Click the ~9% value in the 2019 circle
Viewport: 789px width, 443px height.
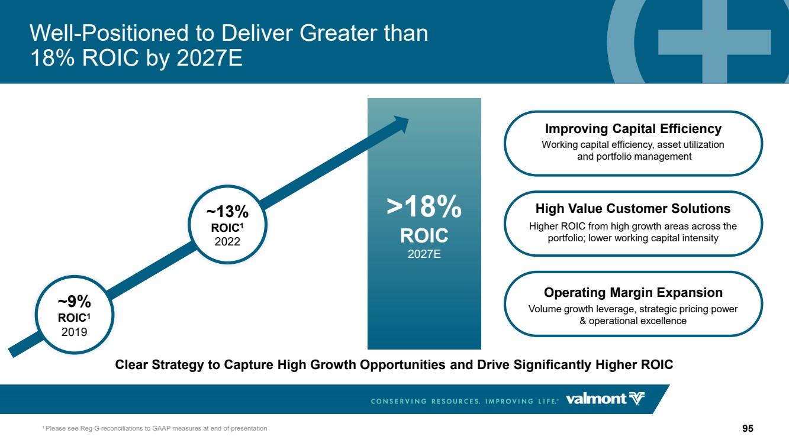[x=75, y=302]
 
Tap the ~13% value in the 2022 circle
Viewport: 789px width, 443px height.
[x=227, y=212]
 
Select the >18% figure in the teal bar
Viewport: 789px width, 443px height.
[x=424, y=206]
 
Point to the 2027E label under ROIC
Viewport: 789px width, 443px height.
[x=424, y=254]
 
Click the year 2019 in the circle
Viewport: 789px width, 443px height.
[x=75, y=332]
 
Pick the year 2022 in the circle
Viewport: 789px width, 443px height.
[x=227, y=242]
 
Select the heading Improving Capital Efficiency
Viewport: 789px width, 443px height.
[x=633, y=129]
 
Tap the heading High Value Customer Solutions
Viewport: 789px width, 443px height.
[x=633, y=209]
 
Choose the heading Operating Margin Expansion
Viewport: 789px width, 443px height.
[x=633, y=292]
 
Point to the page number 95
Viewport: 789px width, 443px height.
[x=748, y=428]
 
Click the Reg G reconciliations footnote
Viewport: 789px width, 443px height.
[x=154, y=428]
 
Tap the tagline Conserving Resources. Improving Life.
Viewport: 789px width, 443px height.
[x=464, y=401]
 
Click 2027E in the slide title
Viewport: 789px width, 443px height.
[x=210, y=57]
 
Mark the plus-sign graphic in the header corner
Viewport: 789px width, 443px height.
[x=714, y=42]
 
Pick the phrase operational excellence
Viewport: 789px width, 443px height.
[x=637, y=321]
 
